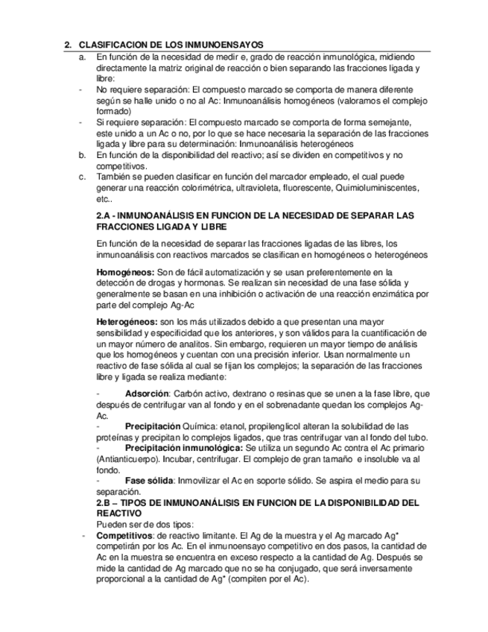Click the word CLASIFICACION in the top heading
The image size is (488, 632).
point(110,45)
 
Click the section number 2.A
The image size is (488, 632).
point(104,215)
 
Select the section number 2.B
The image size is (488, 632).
point(104,503)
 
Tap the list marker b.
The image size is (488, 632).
point(82,155)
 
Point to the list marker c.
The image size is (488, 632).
point(82,177)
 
